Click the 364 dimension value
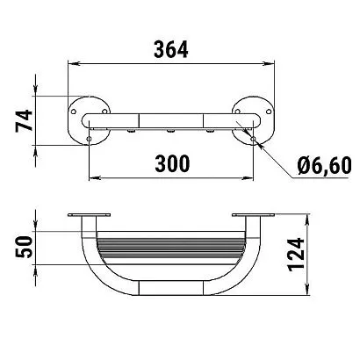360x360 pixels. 171,49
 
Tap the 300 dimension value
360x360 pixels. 172,163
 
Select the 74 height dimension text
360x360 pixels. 24,120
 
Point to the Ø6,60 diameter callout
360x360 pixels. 324,166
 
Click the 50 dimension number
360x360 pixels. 24,247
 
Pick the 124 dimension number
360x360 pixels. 296,255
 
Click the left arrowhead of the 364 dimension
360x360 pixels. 74,63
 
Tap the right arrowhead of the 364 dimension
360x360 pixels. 268,63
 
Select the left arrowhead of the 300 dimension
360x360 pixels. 95,177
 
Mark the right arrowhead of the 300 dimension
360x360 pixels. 248,177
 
